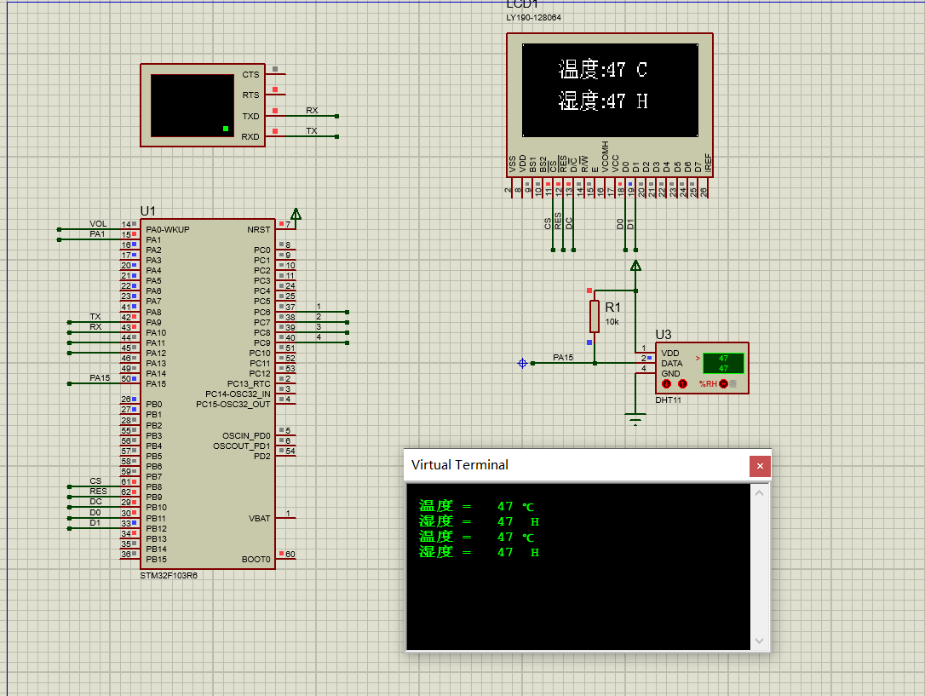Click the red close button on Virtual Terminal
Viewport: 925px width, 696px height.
760,466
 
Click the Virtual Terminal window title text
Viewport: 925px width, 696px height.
459,465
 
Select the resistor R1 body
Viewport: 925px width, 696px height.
594,316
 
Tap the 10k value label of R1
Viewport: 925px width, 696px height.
612,322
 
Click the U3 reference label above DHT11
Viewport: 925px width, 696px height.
664,334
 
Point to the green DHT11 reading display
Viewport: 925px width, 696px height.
722,363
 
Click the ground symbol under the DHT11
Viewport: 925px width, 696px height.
635,418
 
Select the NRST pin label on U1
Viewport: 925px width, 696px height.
258,229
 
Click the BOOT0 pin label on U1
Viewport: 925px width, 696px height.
256,560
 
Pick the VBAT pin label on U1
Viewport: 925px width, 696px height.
259,518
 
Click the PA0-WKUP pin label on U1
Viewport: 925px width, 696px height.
168,229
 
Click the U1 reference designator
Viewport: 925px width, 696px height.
148,211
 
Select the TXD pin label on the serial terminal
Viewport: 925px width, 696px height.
250,117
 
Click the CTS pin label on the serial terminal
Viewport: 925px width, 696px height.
250,75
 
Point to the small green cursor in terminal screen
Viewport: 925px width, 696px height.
226,129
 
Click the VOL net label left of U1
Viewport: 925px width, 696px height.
98,224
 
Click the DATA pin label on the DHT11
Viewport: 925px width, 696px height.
672,363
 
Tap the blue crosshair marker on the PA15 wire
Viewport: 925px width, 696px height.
522,363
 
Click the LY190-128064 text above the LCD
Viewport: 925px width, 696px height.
533,17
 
